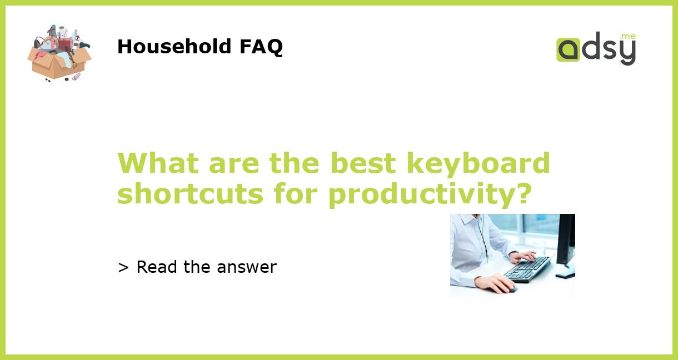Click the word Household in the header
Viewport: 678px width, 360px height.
click(175, 47)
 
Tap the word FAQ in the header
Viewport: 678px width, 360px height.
click(261, 47)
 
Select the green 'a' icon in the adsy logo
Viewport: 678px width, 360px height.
click(568, 49)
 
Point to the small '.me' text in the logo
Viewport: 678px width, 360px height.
click(627, 36)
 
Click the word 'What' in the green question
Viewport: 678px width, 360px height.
click(158, 163)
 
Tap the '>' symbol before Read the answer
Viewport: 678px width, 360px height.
click(123, 267)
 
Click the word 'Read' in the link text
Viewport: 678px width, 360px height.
click(157, 267)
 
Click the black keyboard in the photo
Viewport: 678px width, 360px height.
click(527, 269)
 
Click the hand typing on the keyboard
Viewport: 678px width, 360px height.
click(522, 257)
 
